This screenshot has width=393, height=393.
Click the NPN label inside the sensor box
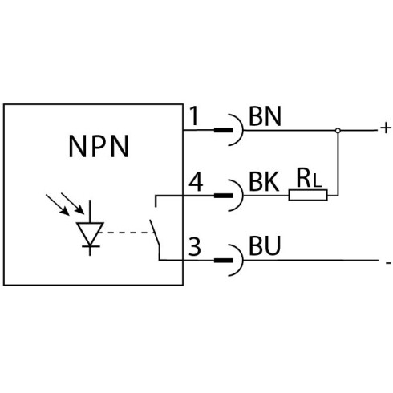click(x=99, y=146)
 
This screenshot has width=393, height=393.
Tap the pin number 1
click(x=194, y=116)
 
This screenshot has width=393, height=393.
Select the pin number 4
click(x=196, y=182)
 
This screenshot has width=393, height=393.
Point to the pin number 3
click(x=195, y=247)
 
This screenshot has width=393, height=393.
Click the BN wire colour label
click(x=265, y=116)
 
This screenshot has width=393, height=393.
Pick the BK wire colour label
click(x=264, y=182)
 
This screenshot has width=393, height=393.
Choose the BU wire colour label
click(x=265, y=245)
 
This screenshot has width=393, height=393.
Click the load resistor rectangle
click(x=308, y=195)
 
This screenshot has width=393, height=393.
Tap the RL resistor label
click(x=309, y=178)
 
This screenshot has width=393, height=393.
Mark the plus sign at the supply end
click(x=386, y=128)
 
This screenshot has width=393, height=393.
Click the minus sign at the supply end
click(x=388, y=263)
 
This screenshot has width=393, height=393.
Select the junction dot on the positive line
click(x=338, y=131)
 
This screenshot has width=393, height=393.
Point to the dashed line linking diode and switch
click(x=126, y=233)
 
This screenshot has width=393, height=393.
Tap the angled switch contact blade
click(x=155, y=233)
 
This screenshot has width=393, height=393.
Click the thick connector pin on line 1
click(x=224, y=131)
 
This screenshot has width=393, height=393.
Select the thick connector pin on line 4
click(x=224, y=196)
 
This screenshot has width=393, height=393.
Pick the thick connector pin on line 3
click(x=224, y=261)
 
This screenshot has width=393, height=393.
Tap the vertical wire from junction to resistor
click(x=338, y=164)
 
